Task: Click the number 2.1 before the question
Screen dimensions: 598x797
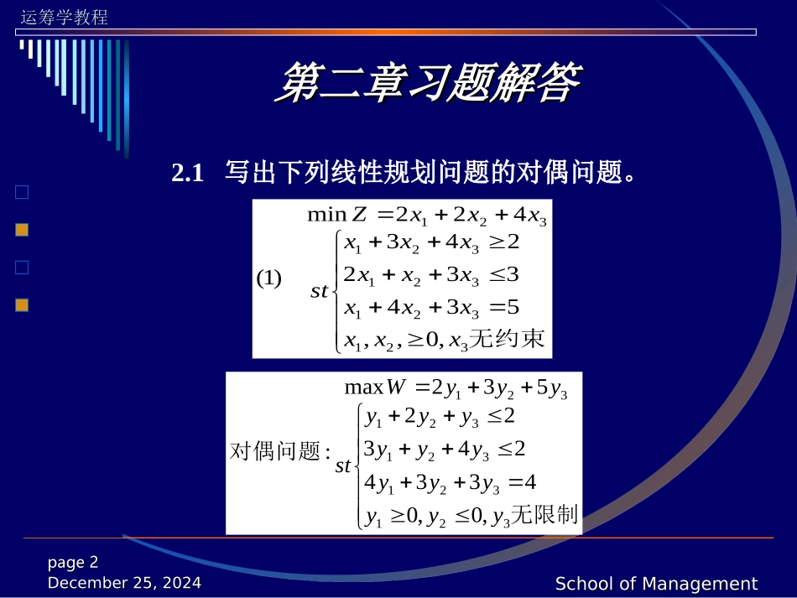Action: coord(188,174)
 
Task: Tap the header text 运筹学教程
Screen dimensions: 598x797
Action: coord(64,17)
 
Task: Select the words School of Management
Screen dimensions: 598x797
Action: coord(656,584)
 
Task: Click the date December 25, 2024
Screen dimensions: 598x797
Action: coord(124,582)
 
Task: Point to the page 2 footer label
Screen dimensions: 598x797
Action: coord(73,562)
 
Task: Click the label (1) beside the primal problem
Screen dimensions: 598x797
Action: coord(268,278)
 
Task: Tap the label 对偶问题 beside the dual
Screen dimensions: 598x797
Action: coord(276,452)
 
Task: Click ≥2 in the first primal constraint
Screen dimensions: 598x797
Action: coord(504,242)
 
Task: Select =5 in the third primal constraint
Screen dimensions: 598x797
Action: coord(503,307)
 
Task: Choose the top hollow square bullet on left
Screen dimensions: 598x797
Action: coord(22,192)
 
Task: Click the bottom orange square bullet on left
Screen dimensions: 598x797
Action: coord(22,305)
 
